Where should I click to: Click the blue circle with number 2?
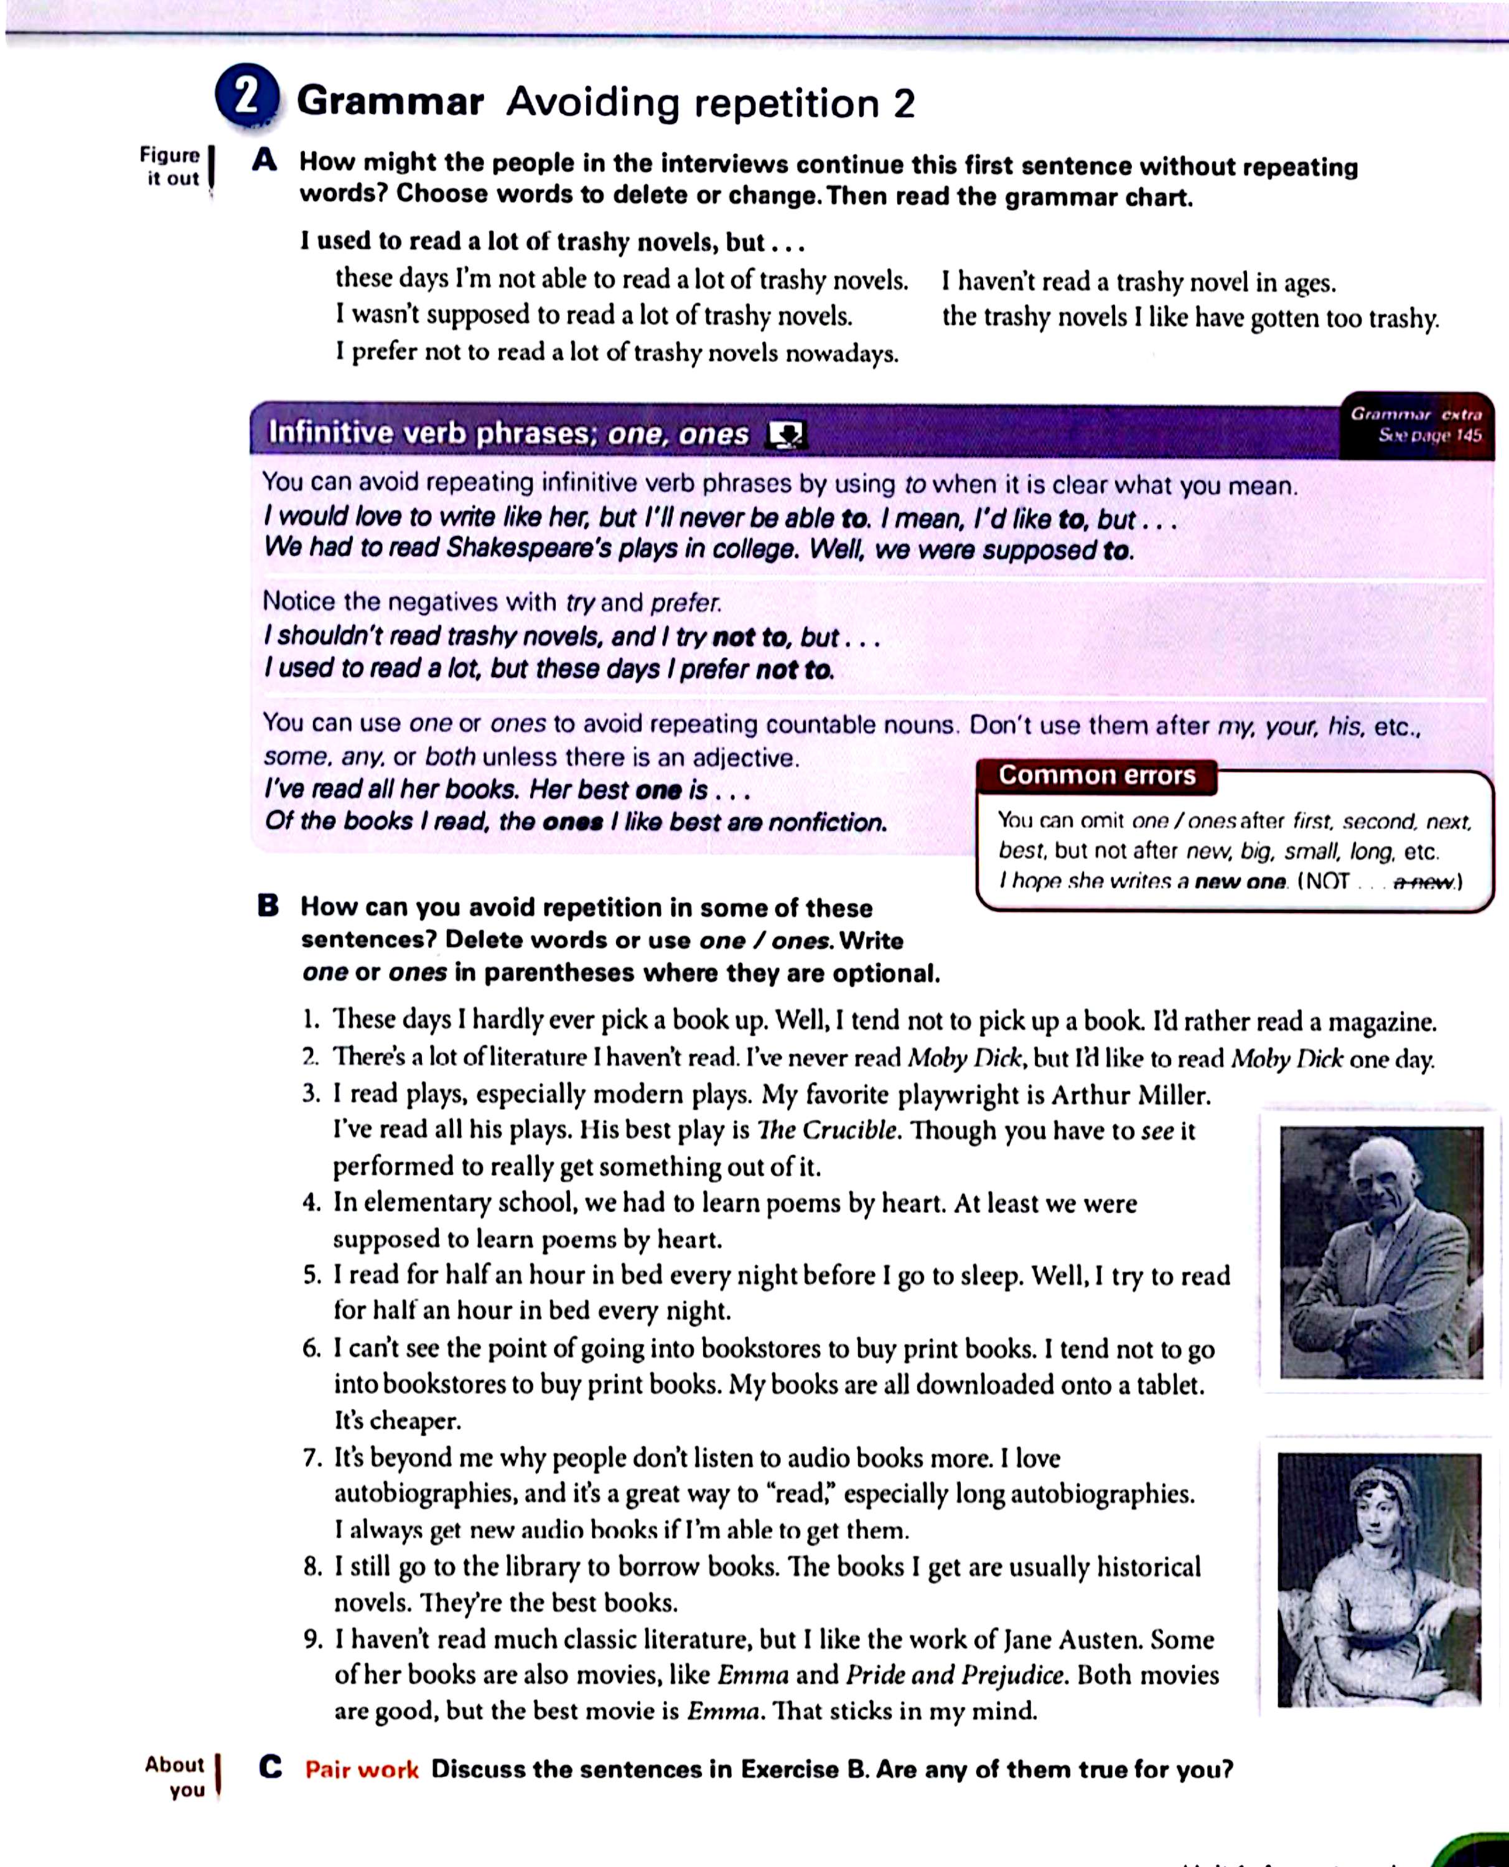click(248, 98)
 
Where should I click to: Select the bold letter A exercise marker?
click(264, 161)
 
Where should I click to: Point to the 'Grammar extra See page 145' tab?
click(1416, 425)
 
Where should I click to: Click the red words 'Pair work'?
click(362, 1770)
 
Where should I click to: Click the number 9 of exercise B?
click(313, 1640)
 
